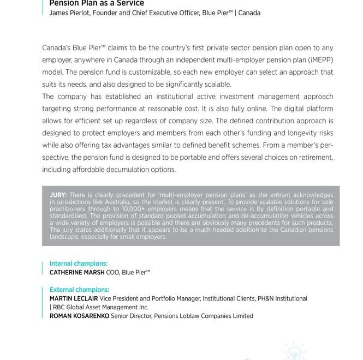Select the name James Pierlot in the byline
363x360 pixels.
click(69, 13)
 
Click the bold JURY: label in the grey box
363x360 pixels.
click(58, 195)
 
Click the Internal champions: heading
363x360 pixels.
click(79, 263)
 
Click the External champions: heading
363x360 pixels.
click(80, 290)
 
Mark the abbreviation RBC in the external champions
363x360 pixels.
click(56, 307)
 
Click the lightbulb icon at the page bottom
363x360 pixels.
click(294, 351)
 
